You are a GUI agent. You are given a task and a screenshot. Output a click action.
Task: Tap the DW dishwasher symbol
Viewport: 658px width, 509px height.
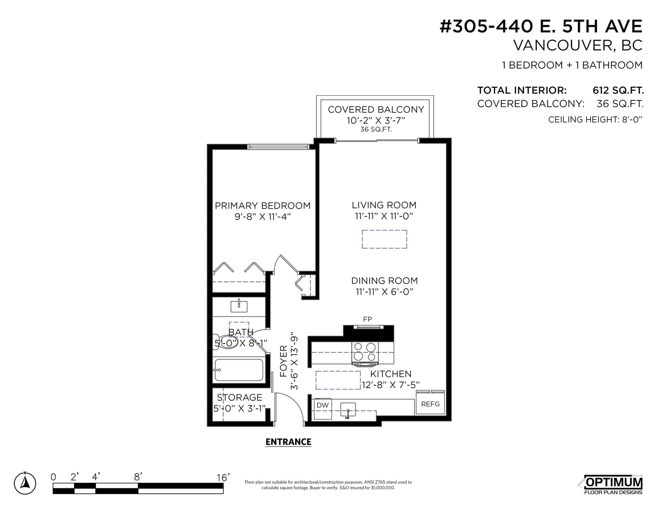click(x=323, y=409)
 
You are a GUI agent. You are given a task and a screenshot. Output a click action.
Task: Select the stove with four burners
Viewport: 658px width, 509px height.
click(x=365, y=353)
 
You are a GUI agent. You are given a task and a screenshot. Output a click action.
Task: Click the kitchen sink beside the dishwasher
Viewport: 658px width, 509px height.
click(x=348, y=411)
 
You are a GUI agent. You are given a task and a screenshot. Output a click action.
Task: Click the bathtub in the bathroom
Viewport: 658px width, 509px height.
click(x=239, y=370)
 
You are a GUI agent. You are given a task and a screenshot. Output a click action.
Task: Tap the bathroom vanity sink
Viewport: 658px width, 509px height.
click(x=239, y=306)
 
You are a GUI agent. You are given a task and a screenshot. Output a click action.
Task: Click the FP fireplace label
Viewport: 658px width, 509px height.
click(x=367, y=319)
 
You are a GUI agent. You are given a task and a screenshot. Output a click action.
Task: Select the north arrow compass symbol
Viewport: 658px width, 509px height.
click(x=25, y=483)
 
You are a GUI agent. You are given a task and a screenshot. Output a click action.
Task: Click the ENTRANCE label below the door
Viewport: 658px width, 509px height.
click(x=288, y=442)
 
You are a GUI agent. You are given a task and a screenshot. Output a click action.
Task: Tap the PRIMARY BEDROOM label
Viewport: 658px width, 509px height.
click(x=262, y=206)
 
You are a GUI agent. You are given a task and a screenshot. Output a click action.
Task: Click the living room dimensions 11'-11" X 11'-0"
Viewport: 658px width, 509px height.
click(x=384, y=216)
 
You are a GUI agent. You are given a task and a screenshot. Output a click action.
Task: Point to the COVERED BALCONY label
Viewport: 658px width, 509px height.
click(x=376, y=109)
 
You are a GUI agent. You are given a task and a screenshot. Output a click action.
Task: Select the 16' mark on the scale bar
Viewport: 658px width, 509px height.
click(x=223, y=478)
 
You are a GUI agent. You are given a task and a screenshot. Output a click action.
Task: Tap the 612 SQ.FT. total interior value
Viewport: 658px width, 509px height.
click(x=618, y=90)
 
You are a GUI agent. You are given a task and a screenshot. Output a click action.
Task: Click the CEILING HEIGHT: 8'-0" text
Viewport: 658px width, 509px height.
click(x=595, y=119)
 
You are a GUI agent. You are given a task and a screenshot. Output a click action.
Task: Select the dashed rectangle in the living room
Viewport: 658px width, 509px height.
click(x=384, y=239)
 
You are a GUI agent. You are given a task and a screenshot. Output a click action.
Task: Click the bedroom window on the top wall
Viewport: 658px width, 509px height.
click(x=278, y=147)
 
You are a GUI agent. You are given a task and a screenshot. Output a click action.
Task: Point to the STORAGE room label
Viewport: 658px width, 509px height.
click(x=239, y=397)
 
